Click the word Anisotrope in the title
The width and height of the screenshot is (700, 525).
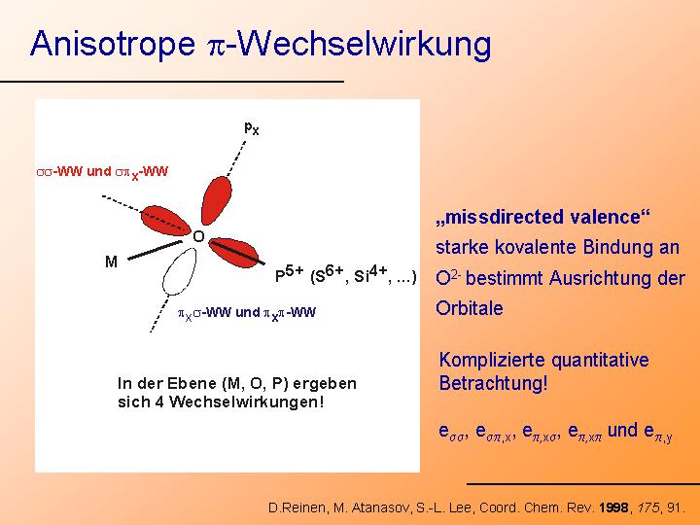pyautogui.click(x=113, y=44)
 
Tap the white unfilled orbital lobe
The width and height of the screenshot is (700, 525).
pyautogui.click(x=180, y=271)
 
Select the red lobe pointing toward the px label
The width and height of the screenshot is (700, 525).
pyautogui.click(x=217, y=200)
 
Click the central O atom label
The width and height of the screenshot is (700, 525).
pyautogui.click(x=198, y=236)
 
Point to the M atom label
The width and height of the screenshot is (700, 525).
pyautogui.click(x=111, y=262)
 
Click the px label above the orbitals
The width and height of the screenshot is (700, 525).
pyautogui.click(x=252, y=128)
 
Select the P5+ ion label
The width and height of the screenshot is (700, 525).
pyautogui.click(x=290, y=274)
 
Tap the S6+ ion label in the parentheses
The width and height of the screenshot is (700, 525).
pyautogui.click(x=330, y=274)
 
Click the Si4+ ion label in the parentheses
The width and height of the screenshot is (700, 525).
pyautogui.click(x=370, y=274)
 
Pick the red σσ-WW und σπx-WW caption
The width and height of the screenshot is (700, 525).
pyautogui.click(x=102, y=172)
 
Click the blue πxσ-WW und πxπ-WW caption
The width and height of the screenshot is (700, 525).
pyautogui.click(x=247, y=313)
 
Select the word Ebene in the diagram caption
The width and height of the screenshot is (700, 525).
pyautogui.click(x=192, y=383)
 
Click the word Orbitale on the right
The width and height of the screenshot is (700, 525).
pyautogui.click(x=470, y=308)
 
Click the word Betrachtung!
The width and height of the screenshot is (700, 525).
pyautogui.click(x=493, y=383)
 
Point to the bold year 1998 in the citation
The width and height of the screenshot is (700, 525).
pyautogui.click(x=613, y=507)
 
